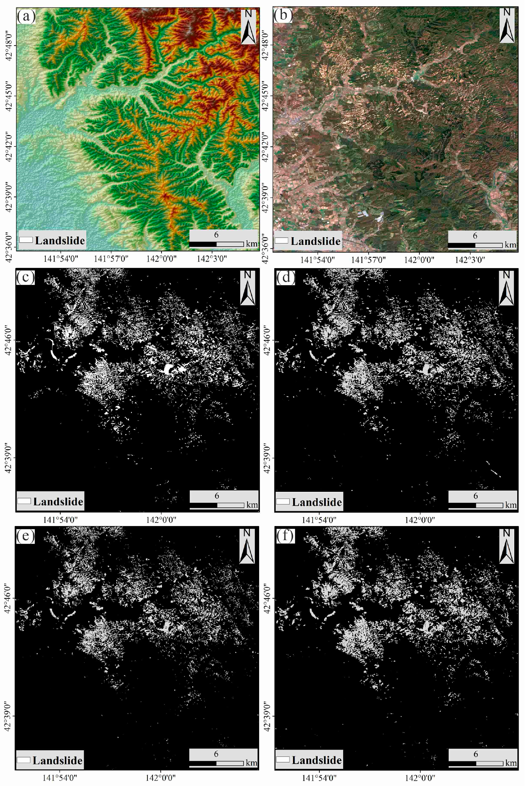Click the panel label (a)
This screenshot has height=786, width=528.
coord(26,16)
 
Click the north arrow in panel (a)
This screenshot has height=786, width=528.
coord(248,27)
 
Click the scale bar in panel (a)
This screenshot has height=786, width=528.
coord(216,244)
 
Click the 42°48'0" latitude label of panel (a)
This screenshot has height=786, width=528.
coord(9,46)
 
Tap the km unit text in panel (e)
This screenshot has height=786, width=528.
coord(251,762)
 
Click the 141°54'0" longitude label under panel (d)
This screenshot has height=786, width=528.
coord(319,520)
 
